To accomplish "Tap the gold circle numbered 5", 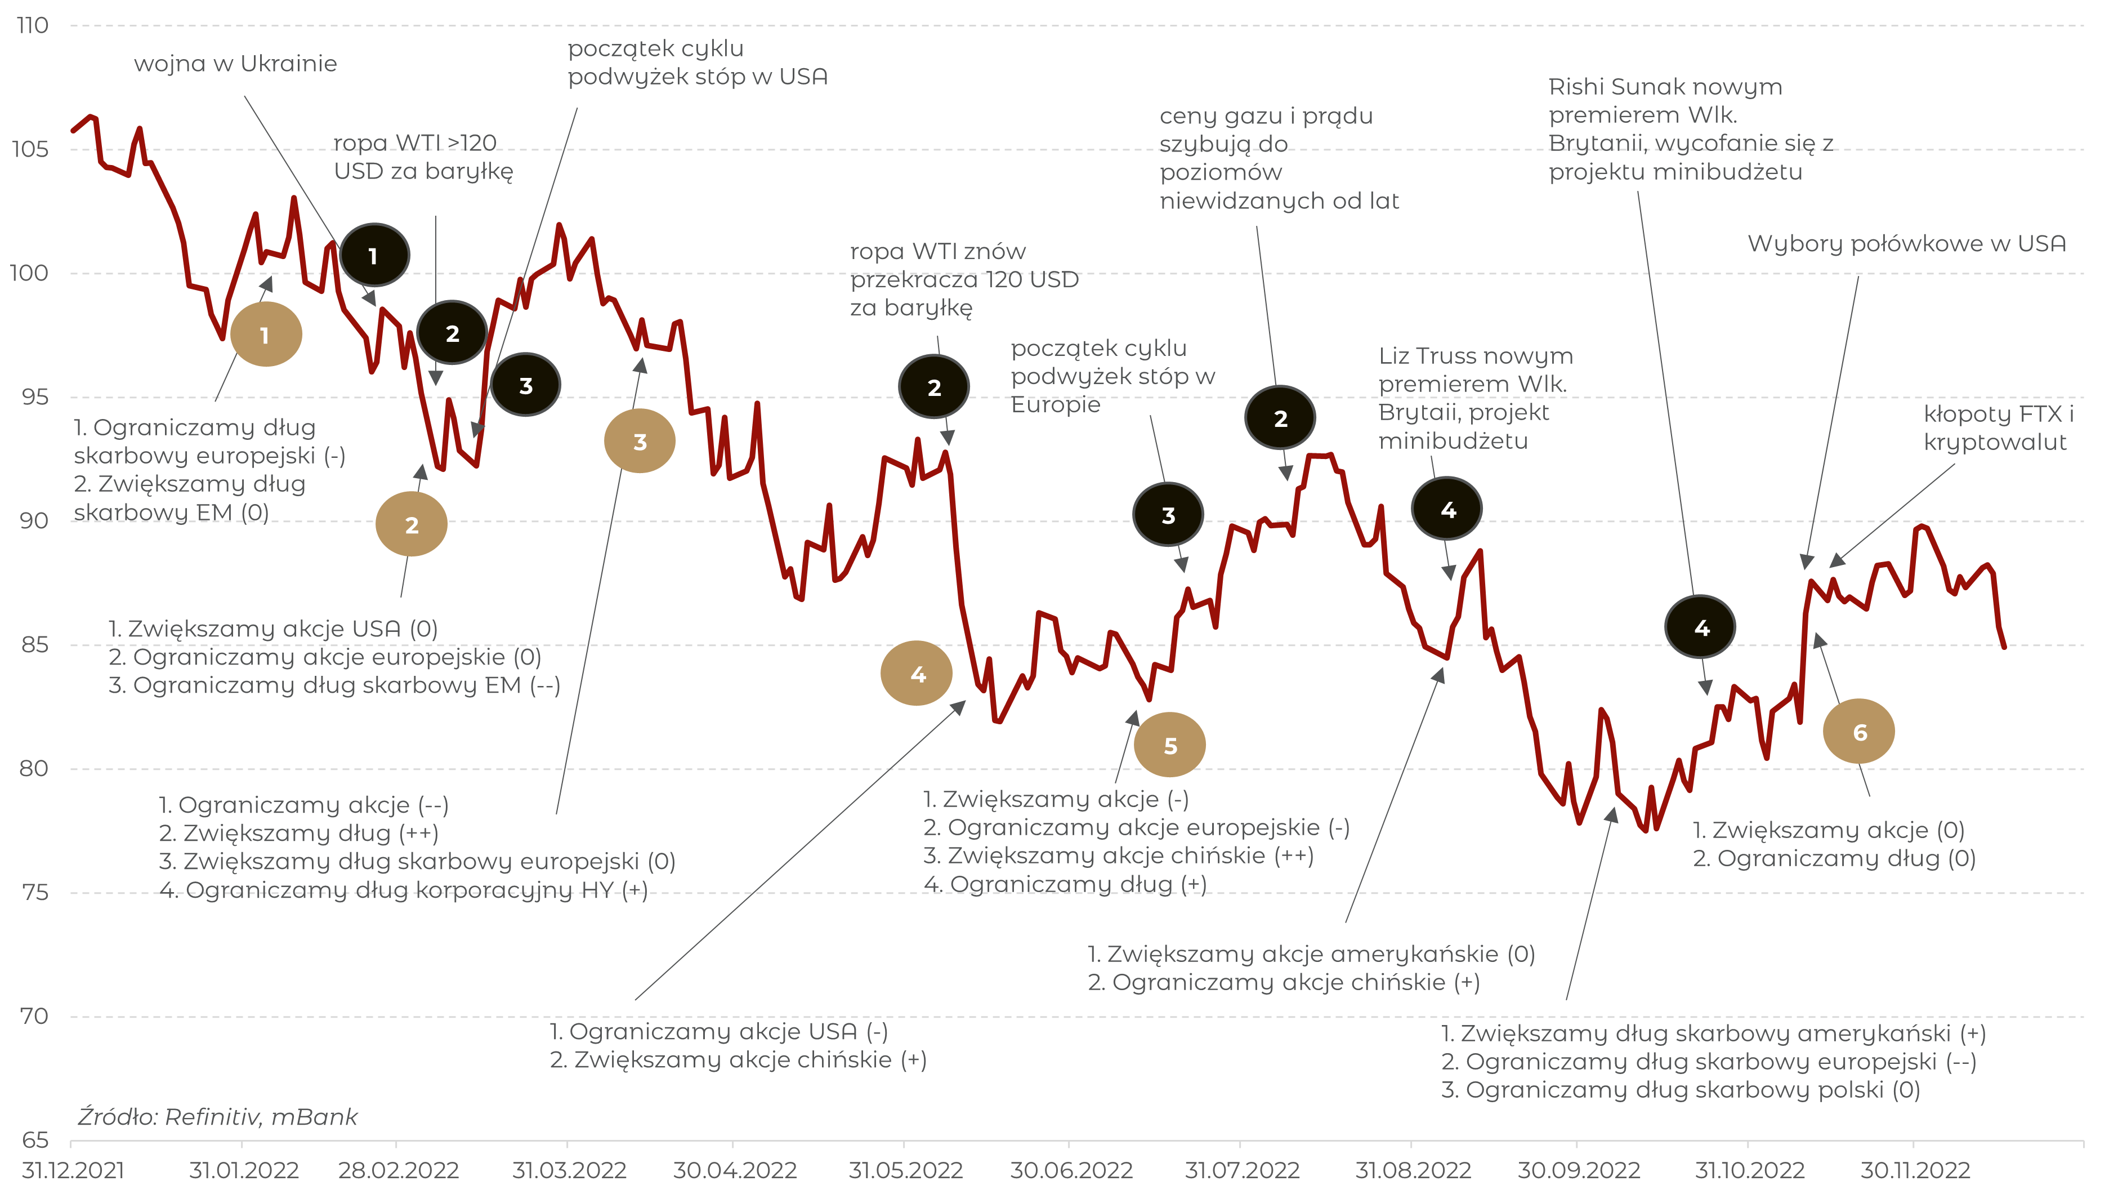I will click(1169, 745).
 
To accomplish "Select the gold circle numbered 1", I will click(266, 335).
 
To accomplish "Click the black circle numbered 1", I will click(374, 255).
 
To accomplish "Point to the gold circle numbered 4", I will click(917, 674).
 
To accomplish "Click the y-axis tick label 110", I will click(33, 25).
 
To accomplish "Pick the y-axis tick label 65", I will click(35, 1140).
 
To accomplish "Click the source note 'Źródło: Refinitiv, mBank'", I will click(218, 1117).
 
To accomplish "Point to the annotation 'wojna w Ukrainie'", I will click(235, 64).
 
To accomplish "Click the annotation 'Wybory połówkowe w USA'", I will click(1907, 244).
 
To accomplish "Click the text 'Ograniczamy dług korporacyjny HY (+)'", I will click(416, 890).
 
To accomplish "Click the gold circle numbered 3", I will click(639, 441).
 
